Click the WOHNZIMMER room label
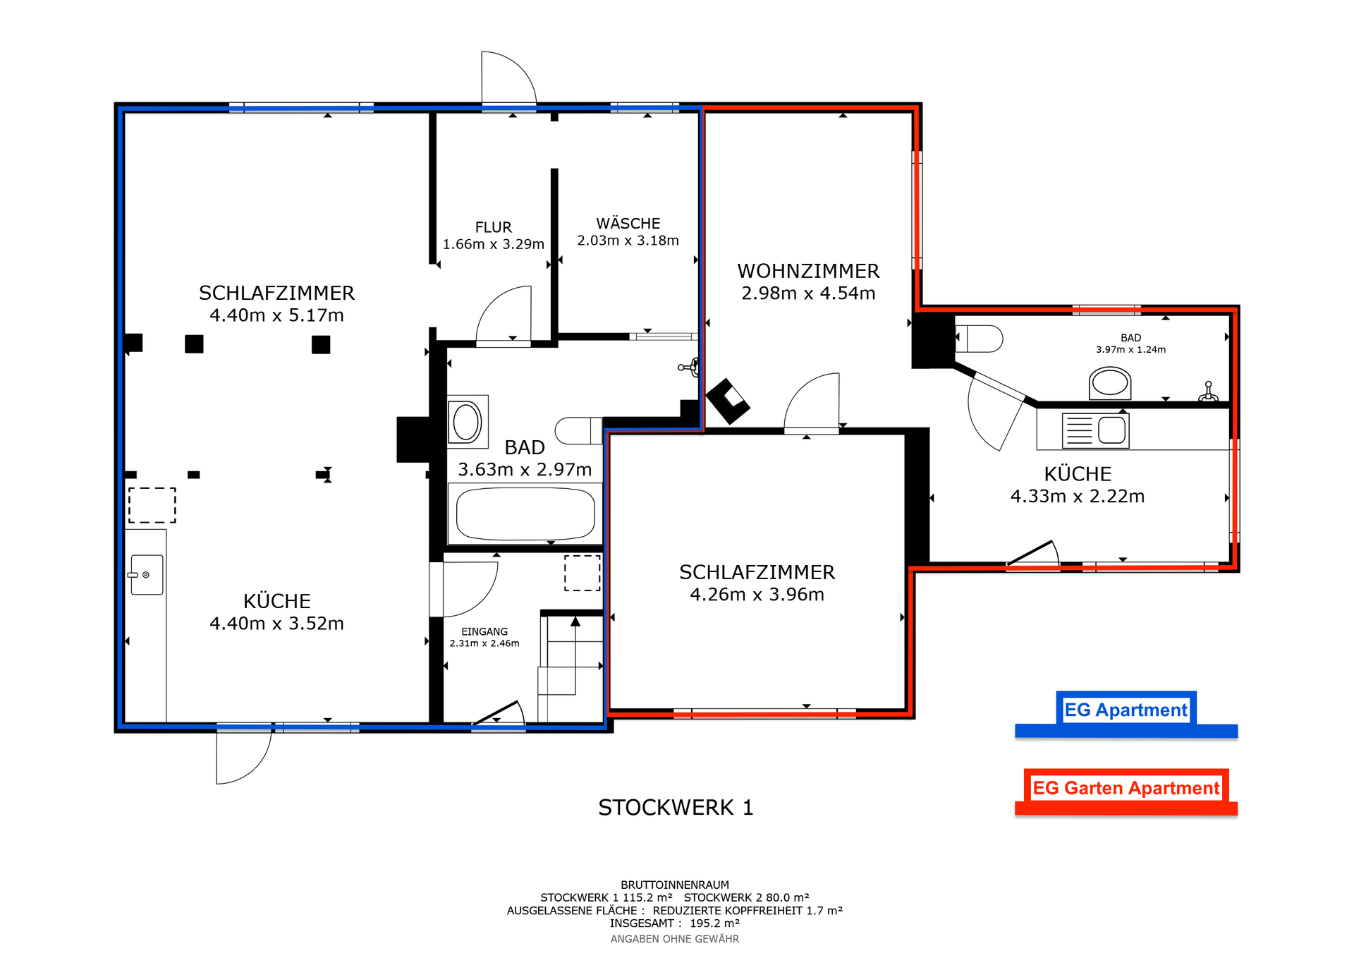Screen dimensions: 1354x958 pos(808,271)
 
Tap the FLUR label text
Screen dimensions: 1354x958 pos(493,227)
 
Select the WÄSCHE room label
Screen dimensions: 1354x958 pos(628,223)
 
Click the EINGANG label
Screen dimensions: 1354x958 pos(484,631)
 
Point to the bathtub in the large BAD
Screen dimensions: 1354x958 pos(525,514)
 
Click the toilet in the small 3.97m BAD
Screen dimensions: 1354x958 pos(979,339)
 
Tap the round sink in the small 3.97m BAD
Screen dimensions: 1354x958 pos(1110,383)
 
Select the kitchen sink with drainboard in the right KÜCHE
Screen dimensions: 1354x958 pos(1095,430)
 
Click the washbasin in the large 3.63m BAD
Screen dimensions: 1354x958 pos(467,422)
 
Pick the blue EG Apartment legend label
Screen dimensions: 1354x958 pos(1126,710)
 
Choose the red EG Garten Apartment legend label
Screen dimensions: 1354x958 pos(1126,788)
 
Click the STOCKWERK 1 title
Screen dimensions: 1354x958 pos(676,807)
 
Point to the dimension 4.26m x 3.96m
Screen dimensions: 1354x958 pos(757,595)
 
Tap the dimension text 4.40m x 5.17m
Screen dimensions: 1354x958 pos(276,315)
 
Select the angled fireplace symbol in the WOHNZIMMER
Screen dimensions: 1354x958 pos(728,401)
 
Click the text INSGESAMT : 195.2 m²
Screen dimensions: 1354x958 pos(675,923)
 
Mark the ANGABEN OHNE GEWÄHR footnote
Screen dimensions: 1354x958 pos(675,939)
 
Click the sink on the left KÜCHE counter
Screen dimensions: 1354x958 pos(146,575)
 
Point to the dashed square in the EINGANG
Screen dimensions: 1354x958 pos(583,573)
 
